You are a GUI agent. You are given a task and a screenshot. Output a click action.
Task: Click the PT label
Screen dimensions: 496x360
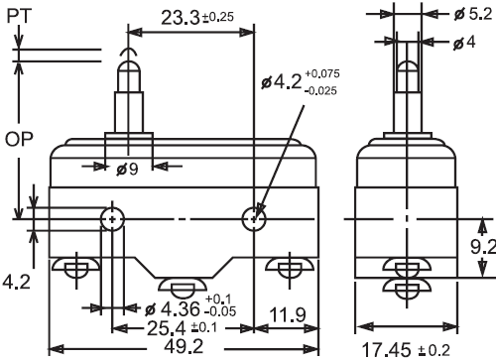[19, 16]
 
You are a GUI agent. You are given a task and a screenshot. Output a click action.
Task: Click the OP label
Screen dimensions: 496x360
[19, 139]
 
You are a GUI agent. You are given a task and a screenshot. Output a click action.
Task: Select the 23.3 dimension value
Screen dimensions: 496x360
[181, 18]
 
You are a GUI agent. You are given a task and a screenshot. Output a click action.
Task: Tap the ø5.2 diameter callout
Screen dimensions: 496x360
[473, 14]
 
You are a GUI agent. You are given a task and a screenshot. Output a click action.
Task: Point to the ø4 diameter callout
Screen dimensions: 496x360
[464, 43]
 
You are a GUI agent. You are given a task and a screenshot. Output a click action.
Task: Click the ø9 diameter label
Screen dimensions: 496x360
[127, 170]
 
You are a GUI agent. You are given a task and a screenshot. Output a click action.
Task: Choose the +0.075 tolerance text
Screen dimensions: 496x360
[322, 73]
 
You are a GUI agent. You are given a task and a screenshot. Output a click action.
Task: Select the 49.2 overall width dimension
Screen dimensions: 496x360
[184, 346]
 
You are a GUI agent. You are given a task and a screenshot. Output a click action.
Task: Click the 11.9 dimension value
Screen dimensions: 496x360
[288, 315]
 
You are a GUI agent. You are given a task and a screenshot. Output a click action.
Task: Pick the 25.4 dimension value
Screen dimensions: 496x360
[167, 328]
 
